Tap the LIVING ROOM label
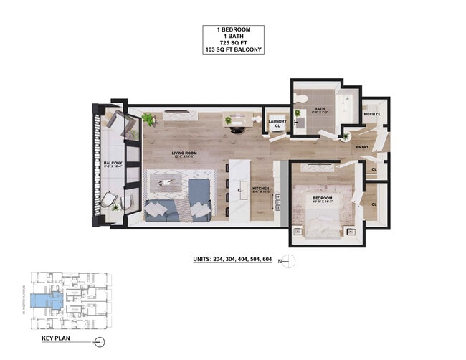(x=184, y=152)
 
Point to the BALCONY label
(x=113, y=164)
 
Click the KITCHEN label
(x=260, y=188)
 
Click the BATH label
(x=320, y=110)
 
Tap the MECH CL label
(x=371, y=114)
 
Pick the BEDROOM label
(x=322, y=197)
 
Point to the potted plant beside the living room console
(x=148, y=118)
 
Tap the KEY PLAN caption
(x=54, y=337)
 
